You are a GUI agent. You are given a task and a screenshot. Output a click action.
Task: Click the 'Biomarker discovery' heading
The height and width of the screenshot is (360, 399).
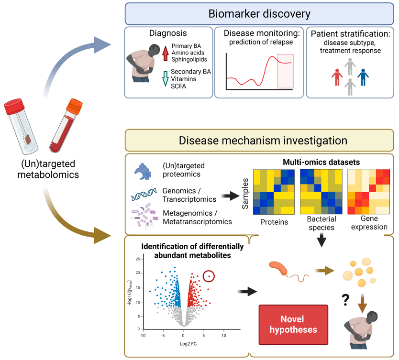259,13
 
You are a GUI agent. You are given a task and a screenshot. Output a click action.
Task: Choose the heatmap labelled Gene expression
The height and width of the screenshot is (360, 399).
367,192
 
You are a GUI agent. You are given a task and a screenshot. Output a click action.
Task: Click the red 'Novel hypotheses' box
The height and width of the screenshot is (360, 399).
293,324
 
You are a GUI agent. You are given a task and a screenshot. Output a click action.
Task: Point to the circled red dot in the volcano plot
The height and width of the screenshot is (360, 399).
209,276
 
